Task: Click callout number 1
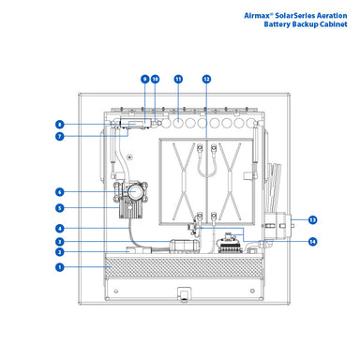coord(59,267)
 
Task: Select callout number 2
coord(59,252)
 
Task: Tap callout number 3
coord(59,242)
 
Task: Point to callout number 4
coord(59,229)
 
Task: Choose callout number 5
coord(59,208)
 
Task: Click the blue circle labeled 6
coord(59,192)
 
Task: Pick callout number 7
coord(59,136)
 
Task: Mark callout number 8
coord(59,125)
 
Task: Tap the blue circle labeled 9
coord(144,79)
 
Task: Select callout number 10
coord(156,79)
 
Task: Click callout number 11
coord(178,79)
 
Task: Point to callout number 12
coord(206,79)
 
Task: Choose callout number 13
coord(312,220)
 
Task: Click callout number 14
coord(312,242)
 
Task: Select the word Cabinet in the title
coord(334,24)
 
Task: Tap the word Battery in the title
coord(277,24)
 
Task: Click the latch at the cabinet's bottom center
coord(184,294)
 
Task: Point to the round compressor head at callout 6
coord(135,192)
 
